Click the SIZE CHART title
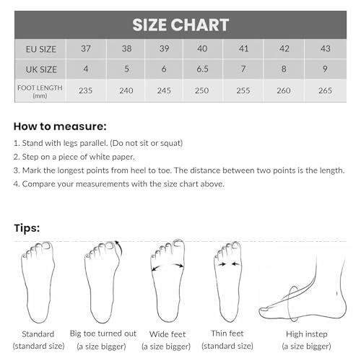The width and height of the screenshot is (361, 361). pos(180,25)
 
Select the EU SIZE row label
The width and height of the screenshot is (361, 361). pos(41,49)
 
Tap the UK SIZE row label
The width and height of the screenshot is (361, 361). pos(41,69)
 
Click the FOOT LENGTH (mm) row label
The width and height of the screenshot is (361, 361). pos(40,92)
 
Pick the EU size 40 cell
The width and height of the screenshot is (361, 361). pos(202,48)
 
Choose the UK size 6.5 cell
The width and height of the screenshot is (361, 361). pos(202,69)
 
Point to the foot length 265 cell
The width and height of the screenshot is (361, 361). pos(325,90)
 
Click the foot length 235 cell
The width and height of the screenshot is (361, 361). pos(86,90)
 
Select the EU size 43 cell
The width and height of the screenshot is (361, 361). pos(326,48)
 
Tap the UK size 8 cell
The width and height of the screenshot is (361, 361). pos(284,69)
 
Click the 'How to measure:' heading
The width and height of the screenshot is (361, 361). pos(60,126)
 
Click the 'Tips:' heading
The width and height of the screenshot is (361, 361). pos(27,228)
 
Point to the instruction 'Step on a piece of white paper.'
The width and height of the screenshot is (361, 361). pos(74,157)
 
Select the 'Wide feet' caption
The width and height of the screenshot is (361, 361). pos(168,334)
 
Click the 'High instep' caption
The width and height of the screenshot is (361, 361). pos(307,334)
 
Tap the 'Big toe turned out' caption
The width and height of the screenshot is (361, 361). pos(103,334)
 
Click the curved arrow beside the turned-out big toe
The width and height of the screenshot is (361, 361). pos(119,248)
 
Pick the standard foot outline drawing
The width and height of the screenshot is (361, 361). pos(38,282)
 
